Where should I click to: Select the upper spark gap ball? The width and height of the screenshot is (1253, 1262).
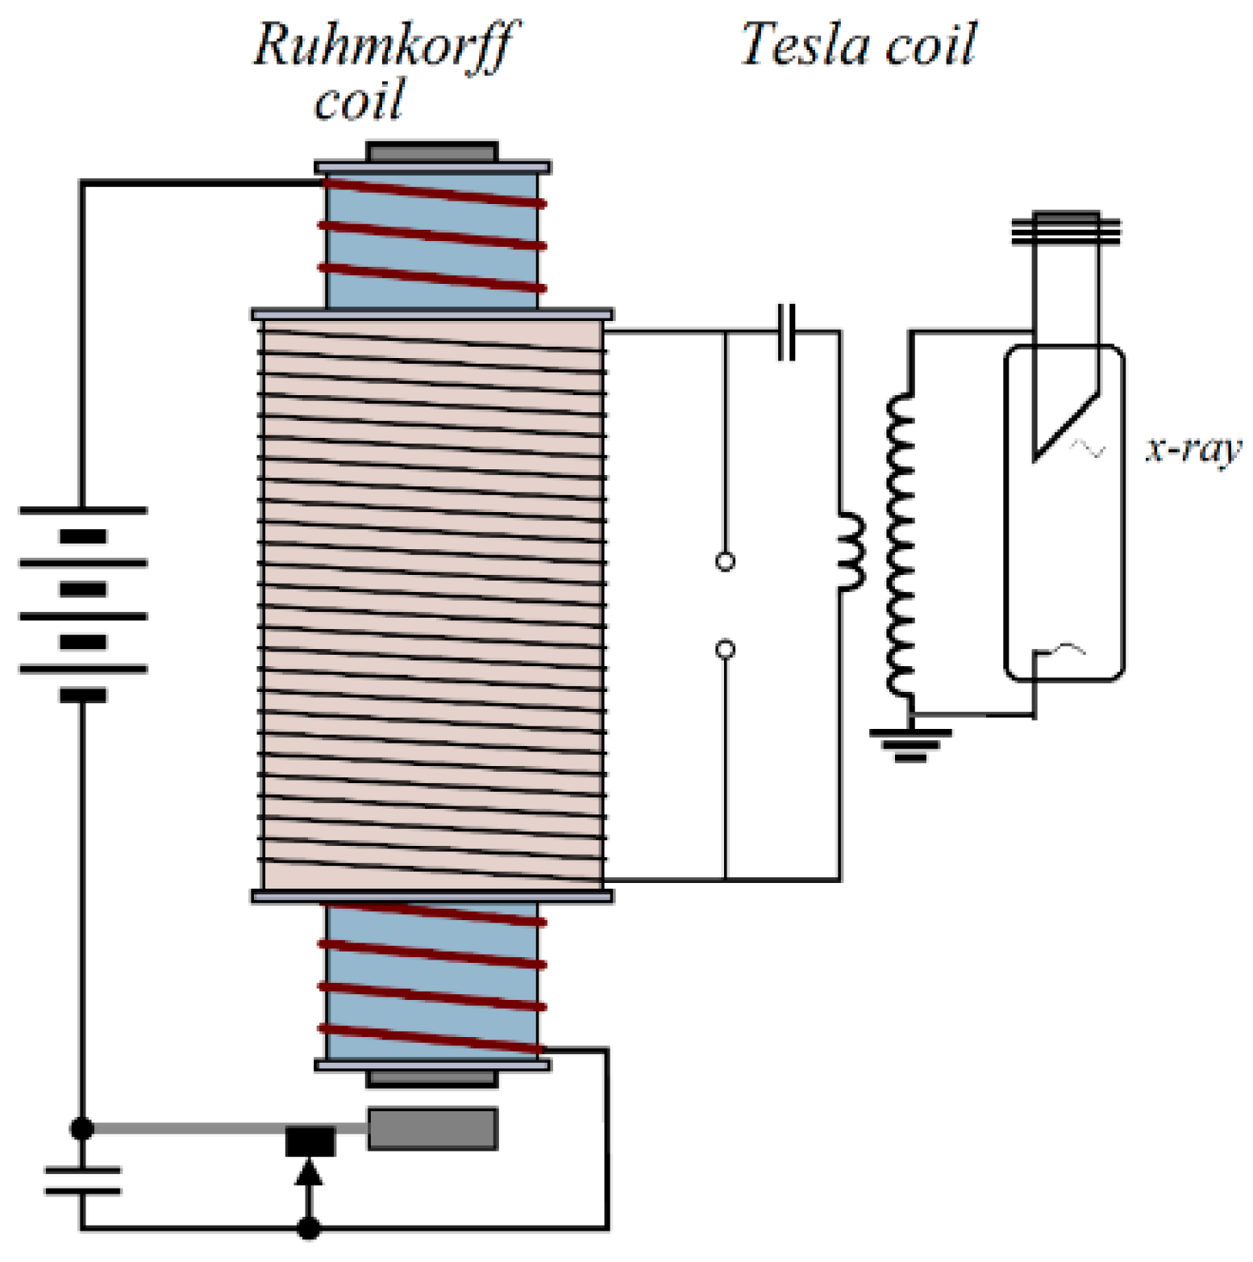(x=725, y=561)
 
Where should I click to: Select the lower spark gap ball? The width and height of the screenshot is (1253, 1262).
(x=725, y=649)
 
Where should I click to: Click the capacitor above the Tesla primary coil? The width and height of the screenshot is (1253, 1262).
(x=787, y=331)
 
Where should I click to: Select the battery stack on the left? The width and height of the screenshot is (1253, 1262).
(x=83, y=602)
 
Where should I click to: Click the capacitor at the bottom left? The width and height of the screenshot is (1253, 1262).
(x=82, y=1181)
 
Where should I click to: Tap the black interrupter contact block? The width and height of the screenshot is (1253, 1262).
(x=310, y=1141)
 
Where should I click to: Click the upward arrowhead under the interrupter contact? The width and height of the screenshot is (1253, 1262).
(x=308, y=1172)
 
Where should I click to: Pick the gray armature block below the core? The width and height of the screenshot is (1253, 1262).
(x=432, y=1129)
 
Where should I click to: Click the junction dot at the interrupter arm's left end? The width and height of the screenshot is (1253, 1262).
(x=82, y=1128)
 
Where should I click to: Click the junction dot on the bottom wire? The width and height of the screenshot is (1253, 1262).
(x=308, y=1228)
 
